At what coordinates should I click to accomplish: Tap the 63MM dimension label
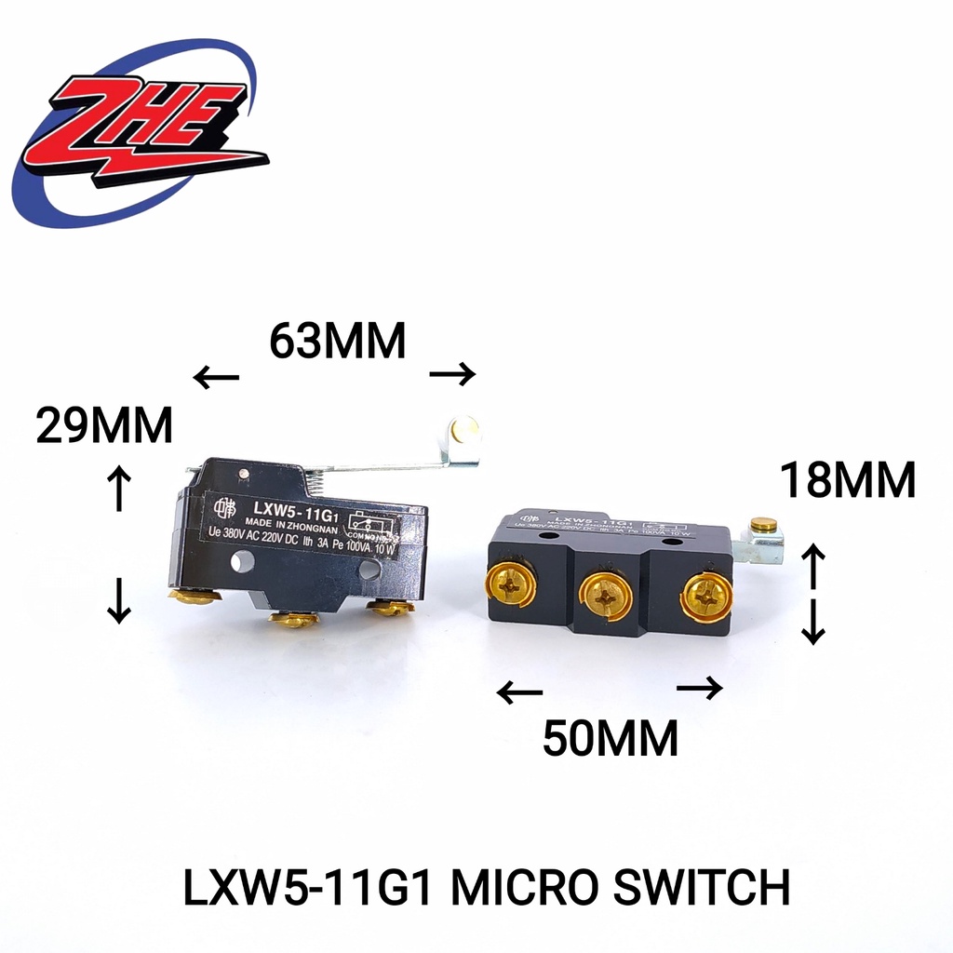coord(337,342)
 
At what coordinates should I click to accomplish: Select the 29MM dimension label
coord(104,426)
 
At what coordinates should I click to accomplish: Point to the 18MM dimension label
coord(848,482)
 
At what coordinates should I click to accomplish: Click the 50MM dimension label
coord(611,739)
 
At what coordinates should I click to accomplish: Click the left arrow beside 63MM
coord(216,377)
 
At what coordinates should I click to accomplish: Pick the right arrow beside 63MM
coord(452,374)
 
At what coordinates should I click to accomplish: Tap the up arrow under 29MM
coord(119,488)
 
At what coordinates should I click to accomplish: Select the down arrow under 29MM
coord(119,600)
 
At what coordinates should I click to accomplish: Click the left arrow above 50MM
coord(519,692)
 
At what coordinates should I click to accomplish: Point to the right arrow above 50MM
coord(699,688)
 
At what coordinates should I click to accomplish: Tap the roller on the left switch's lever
coord(463,431)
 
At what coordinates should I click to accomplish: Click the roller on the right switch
coord(763,526)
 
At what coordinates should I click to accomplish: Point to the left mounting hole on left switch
coord(244,560)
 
